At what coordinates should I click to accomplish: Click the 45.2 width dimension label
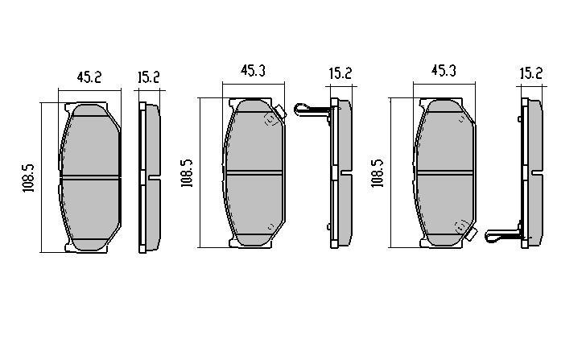[x=89, y=77]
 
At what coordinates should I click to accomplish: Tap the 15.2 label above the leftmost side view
[x=148, y=77]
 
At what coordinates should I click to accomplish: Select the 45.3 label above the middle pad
[x=253, y=70]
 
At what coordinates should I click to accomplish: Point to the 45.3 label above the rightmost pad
[x=444, y=70]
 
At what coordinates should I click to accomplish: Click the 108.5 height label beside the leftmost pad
[x=28, y=178]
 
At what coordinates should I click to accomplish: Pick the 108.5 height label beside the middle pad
[x=187, y=172]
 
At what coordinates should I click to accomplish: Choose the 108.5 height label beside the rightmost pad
[x=377, y=172]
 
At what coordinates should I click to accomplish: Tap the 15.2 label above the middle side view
[x=340, y=73]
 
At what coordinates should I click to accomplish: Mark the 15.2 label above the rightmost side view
[x=530, y=73]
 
